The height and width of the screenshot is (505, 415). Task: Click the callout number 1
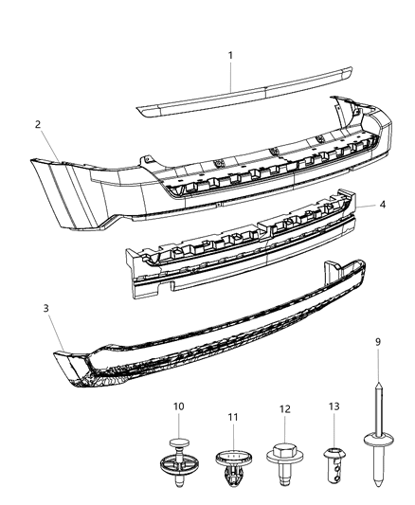coord(228,56)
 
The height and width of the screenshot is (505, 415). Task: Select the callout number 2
coord(37,124)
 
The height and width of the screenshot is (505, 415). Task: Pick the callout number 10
coord(179,406)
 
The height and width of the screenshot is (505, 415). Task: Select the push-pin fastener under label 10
coord(178,459)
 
